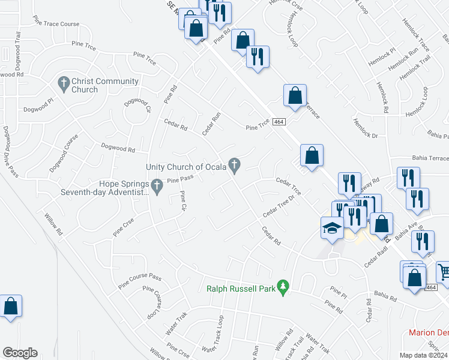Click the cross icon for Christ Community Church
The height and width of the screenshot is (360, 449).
pyautogui.click(x=63, y=82)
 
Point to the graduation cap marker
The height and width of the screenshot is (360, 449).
pyautogui.click(x=330, y=228)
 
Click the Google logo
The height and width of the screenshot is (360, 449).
pyautogui.click(x=20, y=353)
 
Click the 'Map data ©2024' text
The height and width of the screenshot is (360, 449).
pyautogui.click(x=423, y=355)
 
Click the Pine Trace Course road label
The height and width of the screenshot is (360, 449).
pyautogui.click(x=57, y=23)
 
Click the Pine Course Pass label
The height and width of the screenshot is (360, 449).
pyautogui.click(x=140, y=278)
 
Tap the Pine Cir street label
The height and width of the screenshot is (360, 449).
pyautogui.click(x=182, y=202)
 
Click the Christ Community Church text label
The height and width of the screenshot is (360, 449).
pyautogui.click(x=84, y=86)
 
